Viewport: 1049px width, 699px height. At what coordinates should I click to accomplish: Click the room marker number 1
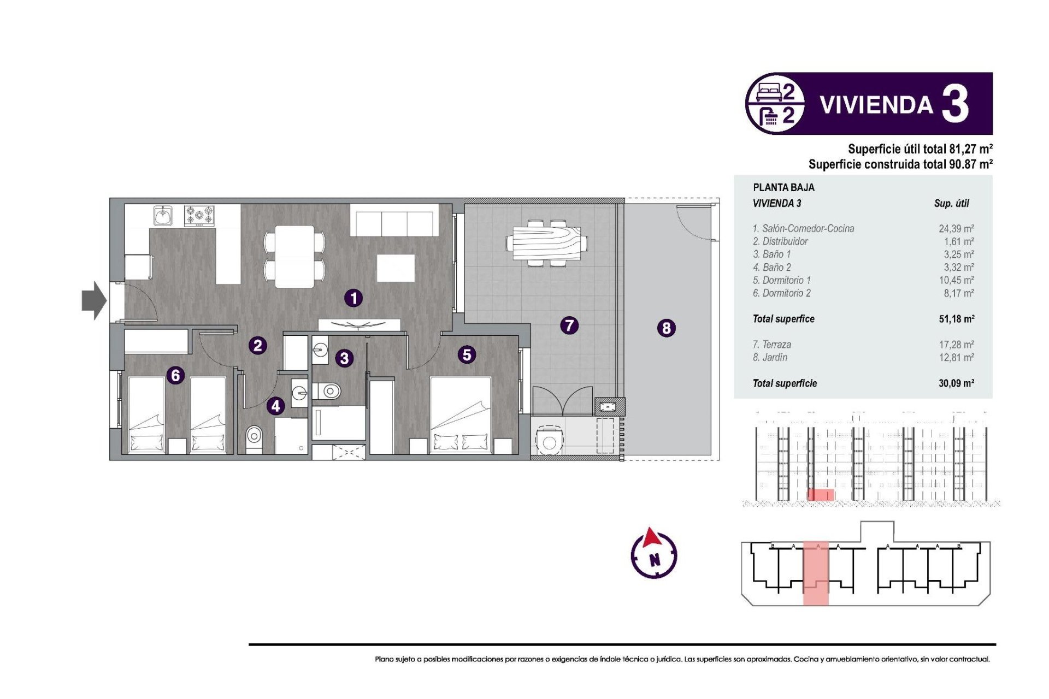click(353, 298)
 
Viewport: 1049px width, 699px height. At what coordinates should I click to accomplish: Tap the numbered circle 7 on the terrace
click(569, 326)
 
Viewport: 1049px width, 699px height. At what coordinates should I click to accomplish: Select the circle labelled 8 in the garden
click(666, 328)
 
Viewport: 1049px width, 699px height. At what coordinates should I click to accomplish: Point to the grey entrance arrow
click(94, 300)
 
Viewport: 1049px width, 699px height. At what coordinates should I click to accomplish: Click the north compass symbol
click(654, 555)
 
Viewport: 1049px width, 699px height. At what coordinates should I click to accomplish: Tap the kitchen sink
click(163, 216)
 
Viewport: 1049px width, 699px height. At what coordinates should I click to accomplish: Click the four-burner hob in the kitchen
click(199, 216)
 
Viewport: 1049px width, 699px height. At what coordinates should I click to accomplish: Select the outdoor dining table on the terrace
click(546, 243)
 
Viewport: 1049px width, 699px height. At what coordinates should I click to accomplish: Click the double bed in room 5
click(460, 415)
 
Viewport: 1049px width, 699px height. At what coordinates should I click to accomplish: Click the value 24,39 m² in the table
click(956, 229)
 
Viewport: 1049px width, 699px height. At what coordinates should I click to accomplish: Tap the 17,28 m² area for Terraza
click(956, 345)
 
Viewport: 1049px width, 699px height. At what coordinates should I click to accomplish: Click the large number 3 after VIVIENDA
click(956, 104)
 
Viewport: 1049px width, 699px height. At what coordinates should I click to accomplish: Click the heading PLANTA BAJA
click(783, 187)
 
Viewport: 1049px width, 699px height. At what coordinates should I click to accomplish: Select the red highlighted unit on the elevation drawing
click(821, 495)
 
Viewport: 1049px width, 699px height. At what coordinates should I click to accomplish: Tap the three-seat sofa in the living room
click(394, 221)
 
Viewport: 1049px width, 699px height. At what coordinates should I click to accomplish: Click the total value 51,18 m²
click(956, 319)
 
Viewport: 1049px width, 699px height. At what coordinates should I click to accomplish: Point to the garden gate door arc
click(693, 224)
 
